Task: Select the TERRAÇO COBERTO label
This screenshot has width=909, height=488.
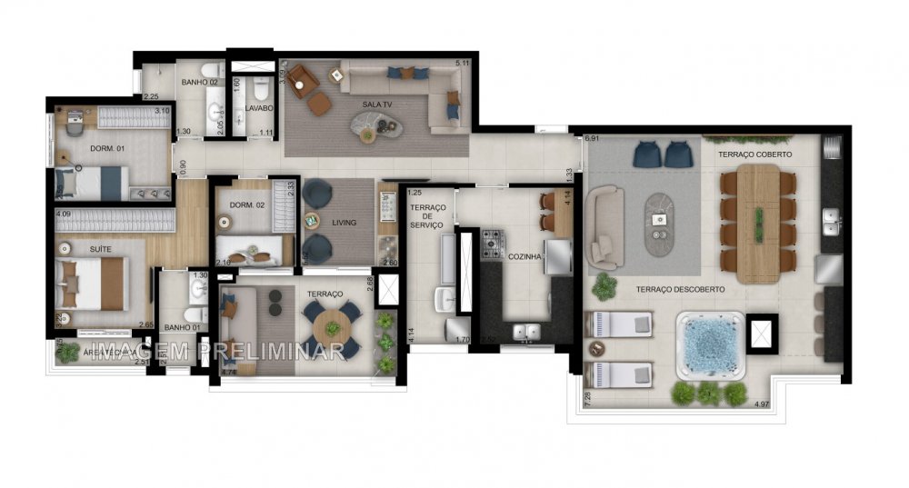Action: point(754,154)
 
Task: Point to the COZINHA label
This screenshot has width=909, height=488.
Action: point(525,257)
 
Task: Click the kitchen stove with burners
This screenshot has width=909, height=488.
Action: point(492,243)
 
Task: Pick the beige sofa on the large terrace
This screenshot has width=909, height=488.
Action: point(604,227)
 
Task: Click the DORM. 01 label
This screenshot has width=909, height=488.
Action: point(106,148)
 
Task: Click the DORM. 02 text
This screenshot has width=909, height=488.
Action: point(246,205)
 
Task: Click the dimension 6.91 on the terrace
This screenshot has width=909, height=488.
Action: point(593,138)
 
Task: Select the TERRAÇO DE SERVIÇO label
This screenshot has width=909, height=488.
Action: point(427,221)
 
